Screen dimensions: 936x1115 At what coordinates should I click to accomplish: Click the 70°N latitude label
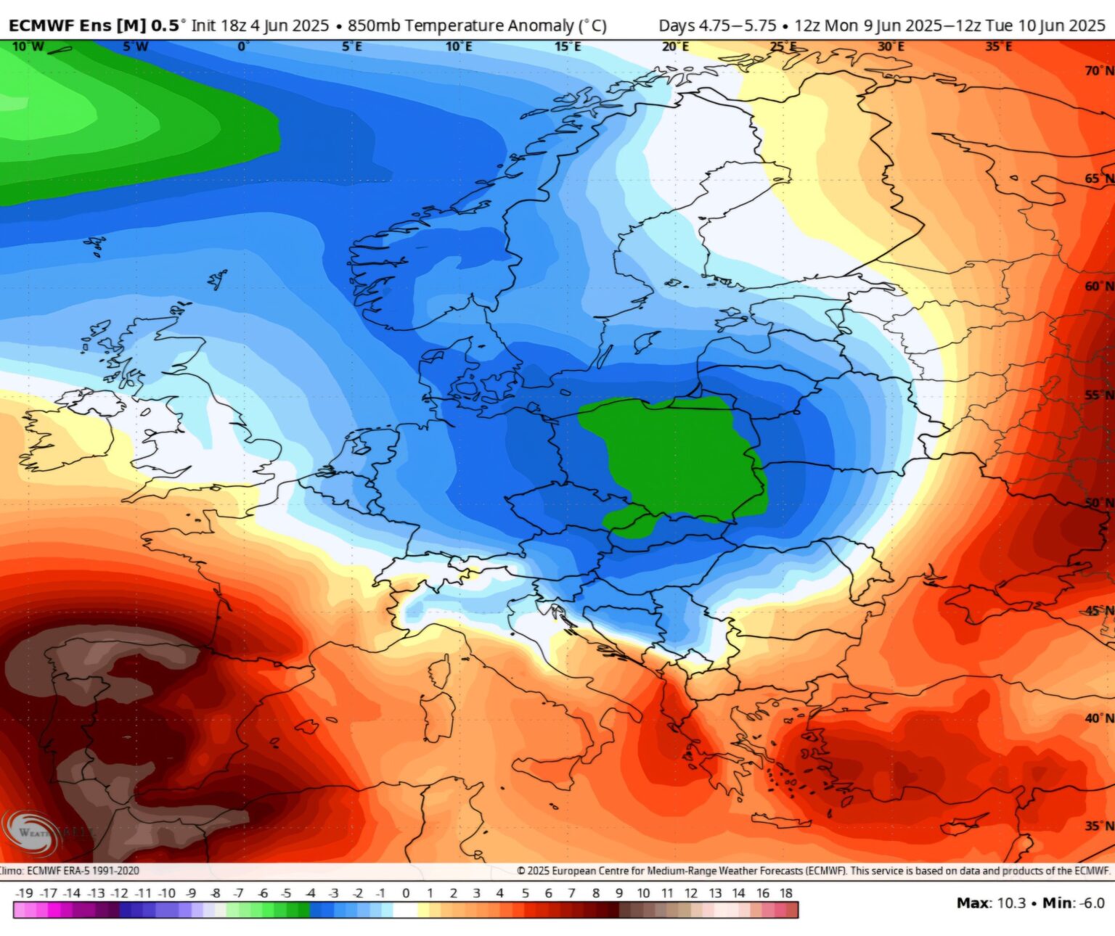[1098, 70]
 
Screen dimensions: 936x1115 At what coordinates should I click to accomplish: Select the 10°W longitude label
[28, 47]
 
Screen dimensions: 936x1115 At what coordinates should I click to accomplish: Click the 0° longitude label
[243, 47]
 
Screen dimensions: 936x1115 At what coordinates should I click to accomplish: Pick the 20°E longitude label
[675, 47]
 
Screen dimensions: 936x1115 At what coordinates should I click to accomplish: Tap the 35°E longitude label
[999, 47]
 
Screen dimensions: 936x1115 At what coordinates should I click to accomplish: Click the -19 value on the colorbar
[24, 893]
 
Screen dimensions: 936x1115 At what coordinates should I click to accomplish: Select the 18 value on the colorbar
[786, 893]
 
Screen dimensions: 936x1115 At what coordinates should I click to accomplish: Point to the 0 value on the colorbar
[406, 893]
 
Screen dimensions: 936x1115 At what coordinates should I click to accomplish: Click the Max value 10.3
[1011, 903]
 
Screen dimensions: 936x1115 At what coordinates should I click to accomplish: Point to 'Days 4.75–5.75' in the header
[717, 25]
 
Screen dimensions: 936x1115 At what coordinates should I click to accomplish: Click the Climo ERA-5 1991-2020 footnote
[70, 871]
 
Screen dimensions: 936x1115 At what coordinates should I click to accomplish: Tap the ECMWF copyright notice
[813, 871]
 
